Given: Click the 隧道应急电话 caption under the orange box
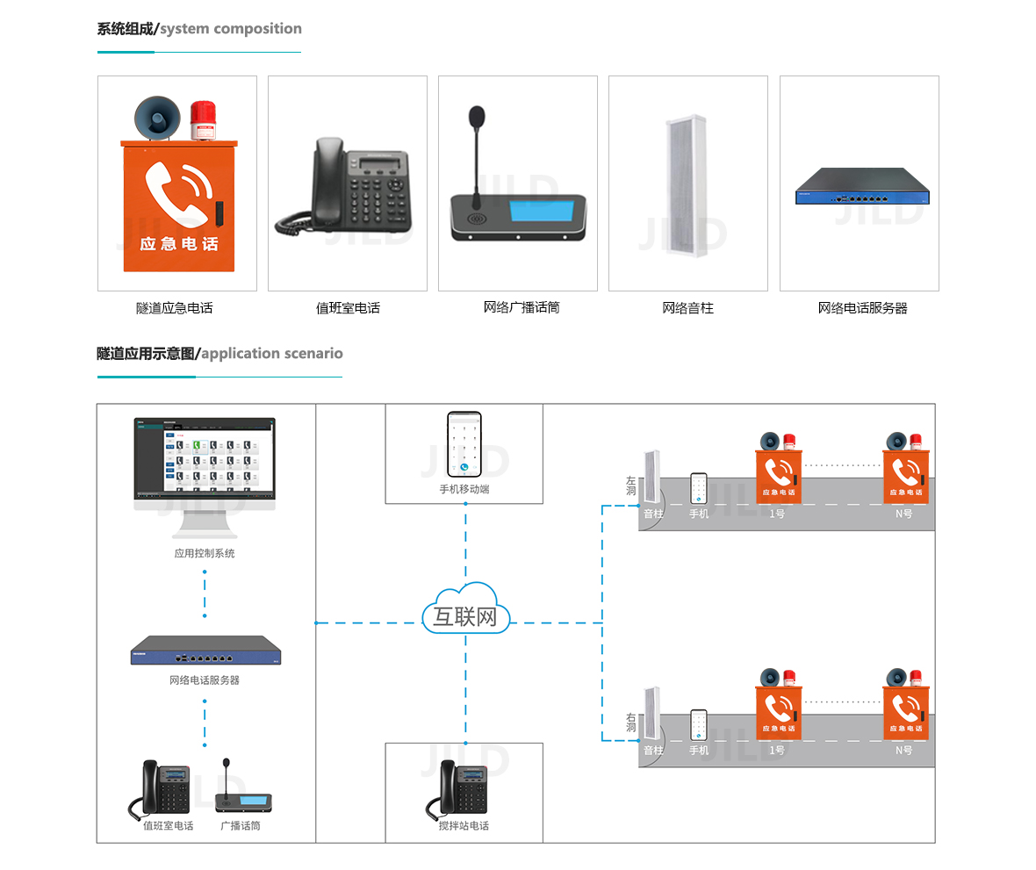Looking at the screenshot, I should pyautogui.click(x=174, y=308).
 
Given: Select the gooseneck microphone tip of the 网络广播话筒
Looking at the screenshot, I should pyautogui.click(x=477, y=116).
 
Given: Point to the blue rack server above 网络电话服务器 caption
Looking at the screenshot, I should pyautogui.click(x=861, y=186).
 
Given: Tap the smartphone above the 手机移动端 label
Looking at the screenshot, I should pyautogui.click(x=464, y=444).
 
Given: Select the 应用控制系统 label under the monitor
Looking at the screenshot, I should pyautogui.click(x=205, y=554).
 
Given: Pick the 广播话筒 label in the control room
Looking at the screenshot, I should pyautogui.click(x=240, y=826).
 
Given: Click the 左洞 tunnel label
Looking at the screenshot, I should pyautogui.click(x=630, y=486).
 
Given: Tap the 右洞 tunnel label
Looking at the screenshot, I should pyautogui.click(x=630, y=723).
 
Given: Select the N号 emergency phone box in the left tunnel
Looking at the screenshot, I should pyautogui.click(x=905, y=477).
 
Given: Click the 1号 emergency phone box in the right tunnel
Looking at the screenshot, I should pyautogui.click(x=779, y=712).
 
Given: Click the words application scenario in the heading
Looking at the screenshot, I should pyautogui.click(x=272, y=354).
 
